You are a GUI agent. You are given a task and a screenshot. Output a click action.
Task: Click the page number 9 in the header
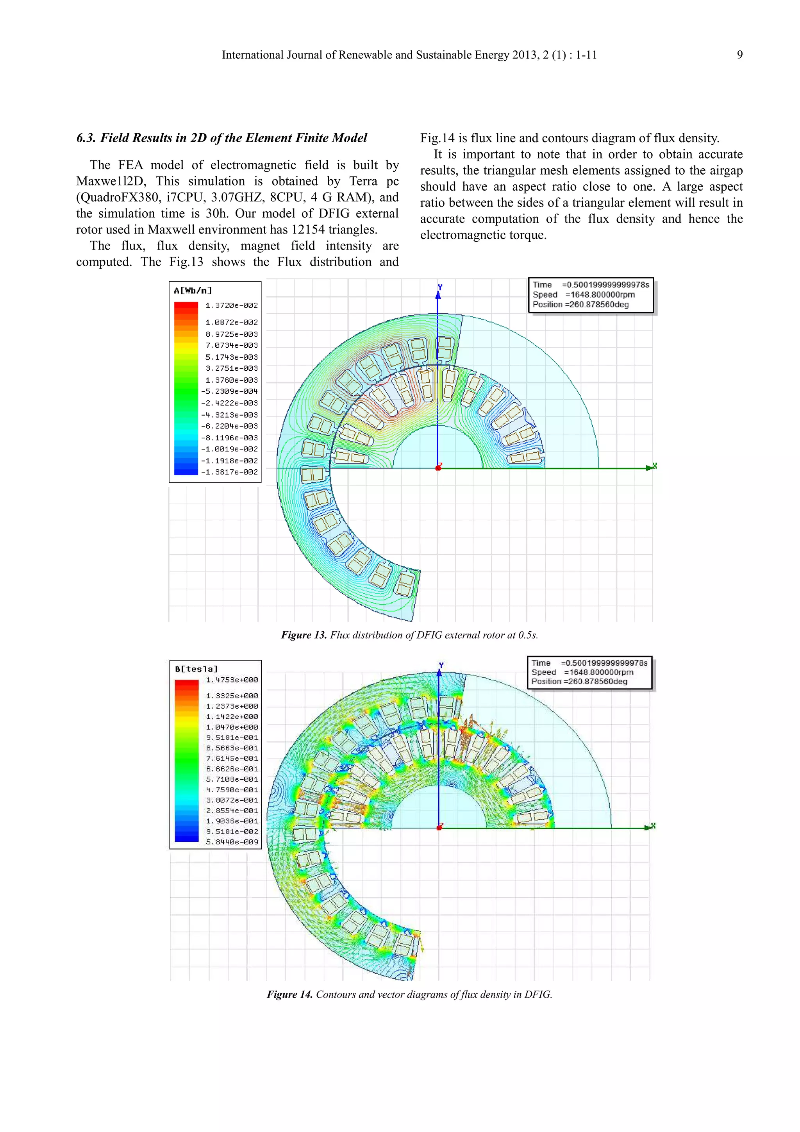tap(739, 55)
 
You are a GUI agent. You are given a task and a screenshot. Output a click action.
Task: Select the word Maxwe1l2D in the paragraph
tap(111, 181)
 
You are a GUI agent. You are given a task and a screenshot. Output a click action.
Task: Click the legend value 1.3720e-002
tap(232, 306)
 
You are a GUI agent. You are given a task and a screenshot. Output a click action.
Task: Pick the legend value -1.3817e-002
tap(229, 472)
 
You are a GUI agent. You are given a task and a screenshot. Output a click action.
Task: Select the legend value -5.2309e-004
tap(229, 391)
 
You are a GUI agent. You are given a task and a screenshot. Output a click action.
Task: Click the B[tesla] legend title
tap(196, 669)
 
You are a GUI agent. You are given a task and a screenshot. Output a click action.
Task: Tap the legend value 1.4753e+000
tap(232, 680)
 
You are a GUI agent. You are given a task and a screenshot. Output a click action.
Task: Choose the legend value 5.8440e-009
tap(232, 842)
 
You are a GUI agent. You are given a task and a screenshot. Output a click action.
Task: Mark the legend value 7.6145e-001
tap(232, 758)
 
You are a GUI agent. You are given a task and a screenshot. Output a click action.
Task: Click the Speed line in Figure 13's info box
tap(584, 295)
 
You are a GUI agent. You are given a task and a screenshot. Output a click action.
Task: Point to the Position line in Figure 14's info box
tap(579, 681)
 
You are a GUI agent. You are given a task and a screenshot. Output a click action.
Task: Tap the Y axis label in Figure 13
tap(440, 287)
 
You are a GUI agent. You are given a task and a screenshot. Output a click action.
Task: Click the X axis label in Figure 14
tap(654, 825)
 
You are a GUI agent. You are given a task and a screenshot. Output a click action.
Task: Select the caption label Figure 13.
tap(304, 635)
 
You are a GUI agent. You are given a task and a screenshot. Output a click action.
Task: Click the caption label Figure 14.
tap(290, 995)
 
